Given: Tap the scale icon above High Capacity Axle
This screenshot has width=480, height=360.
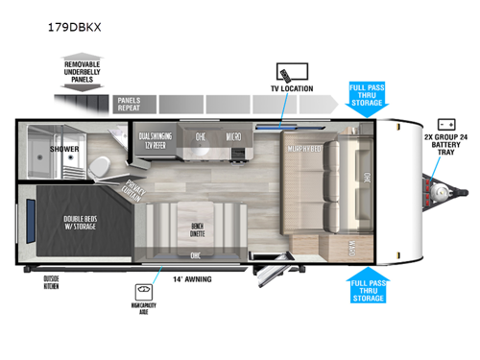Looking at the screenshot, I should tap(145, 288).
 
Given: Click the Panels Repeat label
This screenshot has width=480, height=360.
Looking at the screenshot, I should tap(130, 104).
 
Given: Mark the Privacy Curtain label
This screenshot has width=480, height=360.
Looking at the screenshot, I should tap(134, 195).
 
